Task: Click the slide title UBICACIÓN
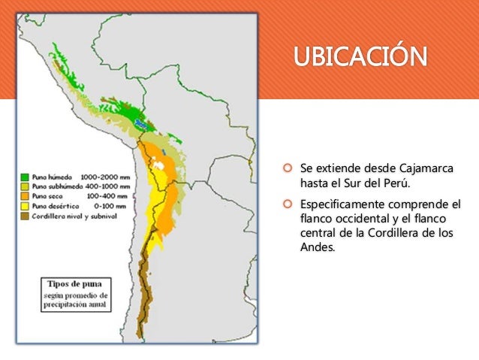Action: coord(359,56)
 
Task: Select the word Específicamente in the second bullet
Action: coord(343,204)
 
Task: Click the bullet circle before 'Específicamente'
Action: coord(287,204)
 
